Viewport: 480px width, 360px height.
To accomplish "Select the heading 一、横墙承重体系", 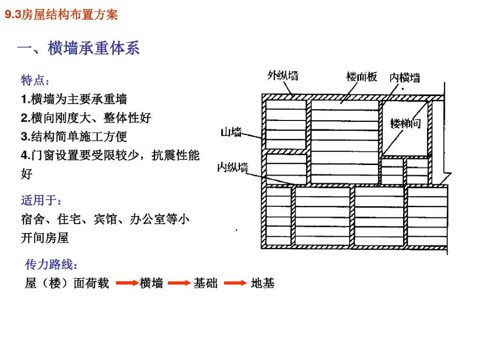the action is point(78,48).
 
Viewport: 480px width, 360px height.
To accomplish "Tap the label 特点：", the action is point(35,81).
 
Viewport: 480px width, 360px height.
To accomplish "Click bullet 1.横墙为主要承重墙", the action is point(74,99).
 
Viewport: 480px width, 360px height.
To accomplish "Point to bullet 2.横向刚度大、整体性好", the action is point(86,118).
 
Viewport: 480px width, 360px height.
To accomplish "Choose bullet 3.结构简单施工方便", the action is point(74,137).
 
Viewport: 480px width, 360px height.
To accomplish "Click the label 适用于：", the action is point(41,201).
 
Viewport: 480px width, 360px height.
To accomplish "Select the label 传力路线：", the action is point(51,265).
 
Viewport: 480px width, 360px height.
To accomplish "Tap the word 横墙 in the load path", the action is point(151,283).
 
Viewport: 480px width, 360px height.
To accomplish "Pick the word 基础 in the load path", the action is point(206,283).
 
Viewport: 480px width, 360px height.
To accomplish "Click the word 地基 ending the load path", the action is point(262,283).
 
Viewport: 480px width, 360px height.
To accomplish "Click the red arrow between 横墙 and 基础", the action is point(179,283).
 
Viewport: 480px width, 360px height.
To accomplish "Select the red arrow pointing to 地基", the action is point(235,283).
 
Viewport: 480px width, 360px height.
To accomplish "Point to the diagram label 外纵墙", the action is point(283,75).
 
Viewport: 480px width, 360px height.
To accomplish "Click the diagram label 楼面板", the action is point(361,77).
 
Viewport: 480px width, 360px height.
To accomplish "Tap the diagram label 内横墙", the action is point(405,78).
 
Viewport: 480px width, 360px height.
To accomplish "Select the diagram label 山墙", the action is point(231,133).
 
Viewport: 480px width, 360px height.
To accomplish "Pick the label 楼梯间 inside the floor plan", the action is point(405,124).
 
